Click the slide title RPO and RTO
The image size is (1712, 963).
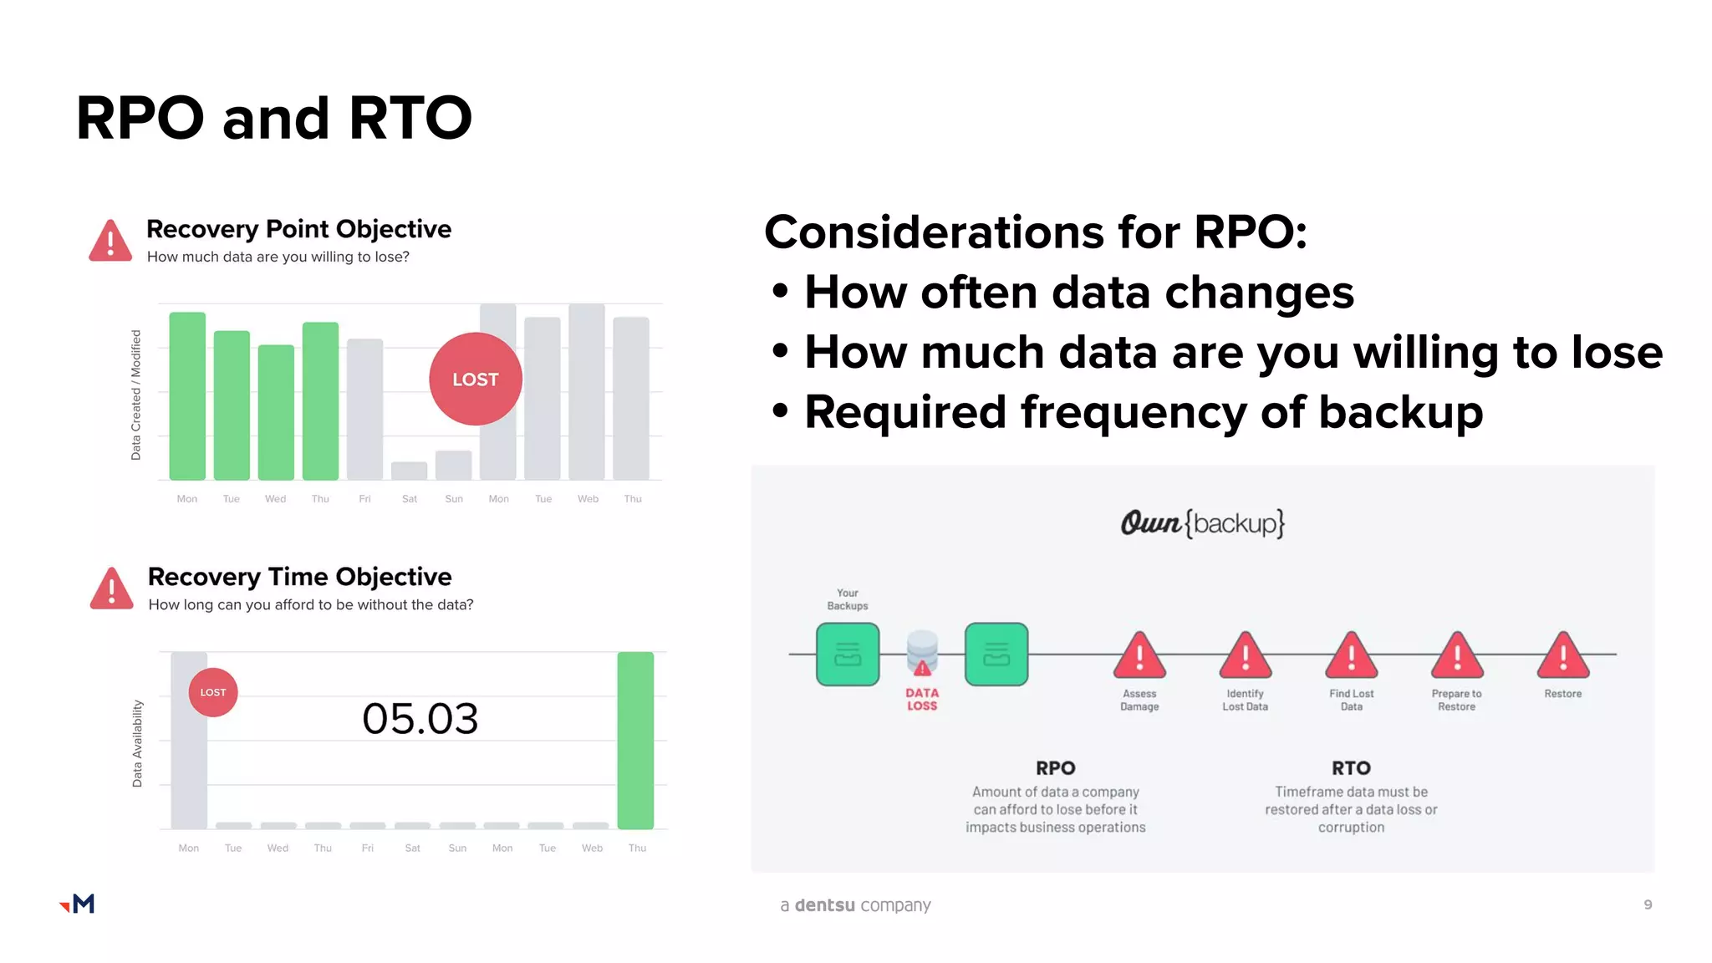[x=274, y=118]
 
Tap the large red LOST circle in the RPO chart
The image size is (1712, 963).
[x=476, y=380]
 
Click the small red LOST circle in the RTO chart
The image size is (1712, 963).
[x=213, y=692]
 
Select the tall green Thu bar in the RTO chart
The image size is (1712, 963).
[x=635, y=740]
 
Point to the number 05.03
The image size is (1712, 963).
[x=420, y=719]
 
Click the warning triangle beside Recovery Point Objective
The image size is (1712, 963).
[x=110, y=242]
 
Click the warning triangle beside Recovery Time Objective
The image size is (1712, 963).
[x=111, y=589]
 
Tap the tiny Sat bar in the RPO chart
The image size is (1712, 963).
[x=409, y=471]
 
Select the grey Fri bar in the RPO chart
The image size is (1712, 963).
[x=364, y=409]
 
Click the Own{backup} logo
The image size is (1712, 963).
[x=1202, y=523]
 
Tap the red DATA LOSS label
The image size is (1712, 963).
[x=922, y=699]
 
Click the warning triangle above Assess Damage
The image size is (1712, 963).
[x=1139, y=656]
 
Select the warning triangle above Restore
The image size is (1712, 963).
[x=1562, y=656]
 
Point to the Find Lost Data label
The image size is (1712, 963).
[x=1351, y=700]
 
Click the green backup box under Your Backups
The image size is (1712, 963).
[x=848, y=655]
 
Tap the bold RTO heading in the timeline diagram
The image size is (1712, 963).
[x=1351, y=767]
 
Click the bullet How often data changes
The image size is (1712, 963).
[x=1078, y=293]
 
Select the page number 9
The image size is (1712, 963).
[x=1648, y=904]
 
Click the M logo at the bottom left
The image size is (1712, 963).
[x=79, y=904]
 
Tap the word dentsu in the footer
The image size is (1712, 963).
[x=824, y=905]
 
